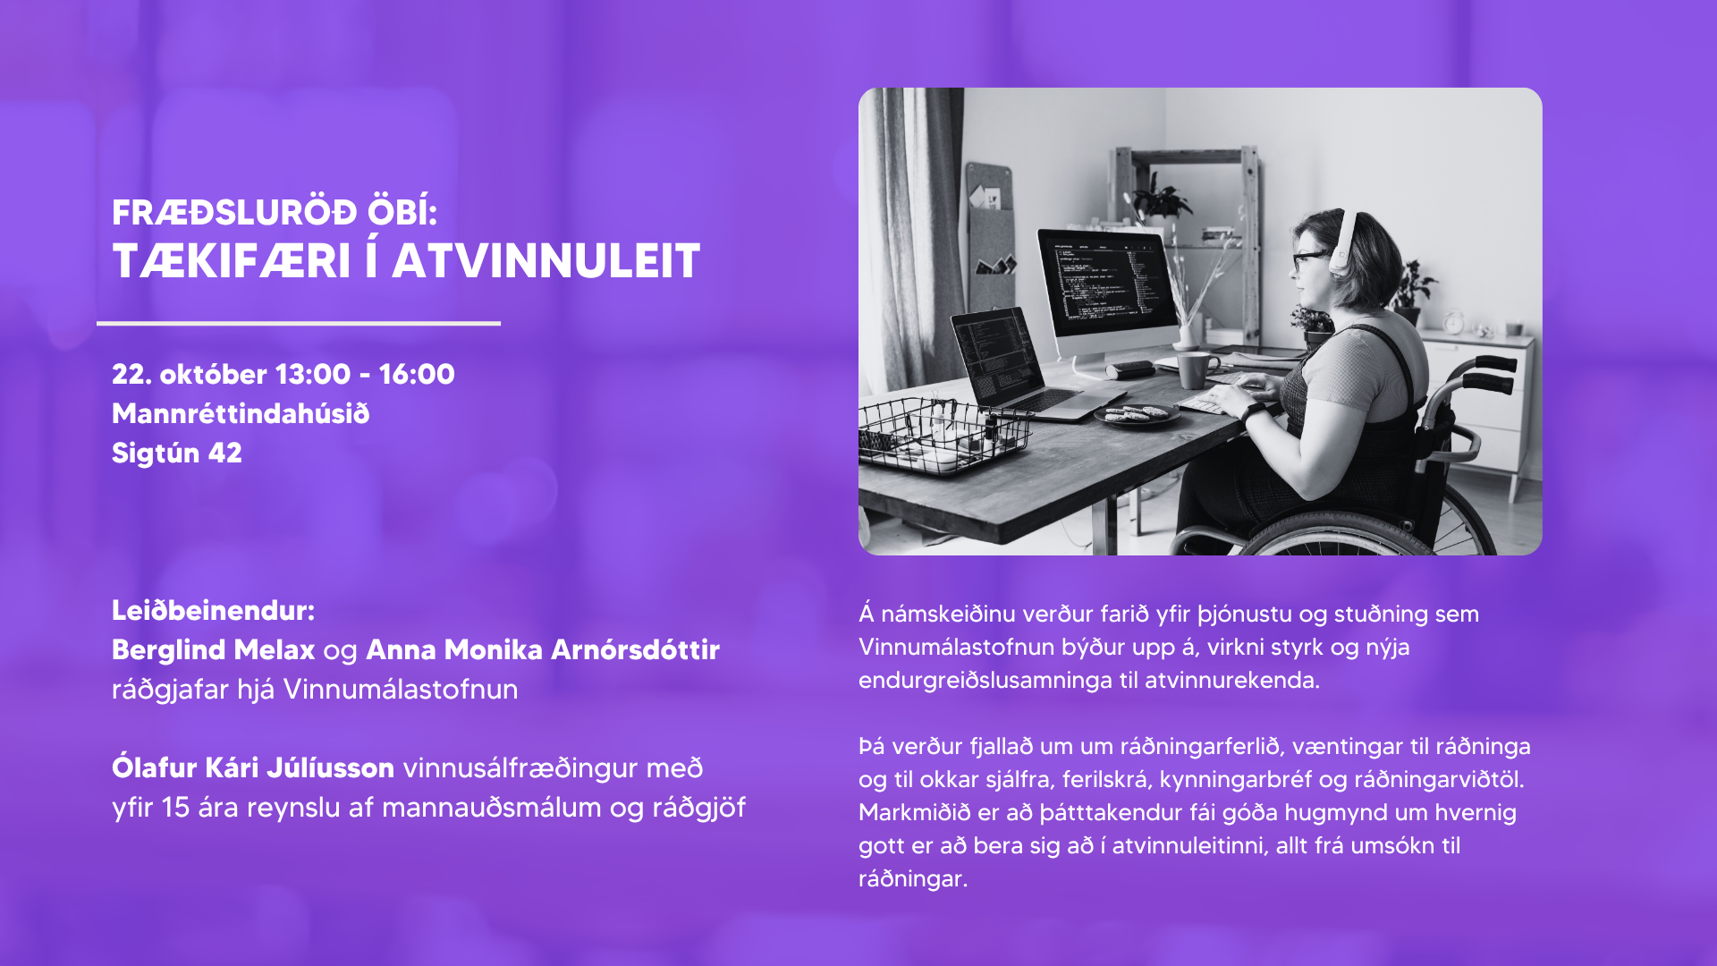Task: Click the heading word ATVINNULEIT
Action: click(x=546, y=261)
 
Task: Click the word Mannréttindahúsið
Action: click(x=241, y=413)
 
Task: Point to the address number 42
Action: click(x=225, y=453)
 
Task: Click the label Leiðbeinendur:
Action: click(x=213, y=610)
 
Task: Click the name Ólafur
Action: click(x=154, y=767)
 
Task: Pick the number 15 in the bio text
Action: click(x=175, y=808)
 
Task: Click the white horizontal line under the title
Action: click(x=299, y=323)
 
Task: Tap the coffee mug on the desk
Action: click(x=1195, y=369)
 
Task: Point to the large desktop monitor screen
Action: click(x=1109, y=281)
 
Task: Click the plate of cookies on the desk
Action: click(x=1136, y=415)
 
